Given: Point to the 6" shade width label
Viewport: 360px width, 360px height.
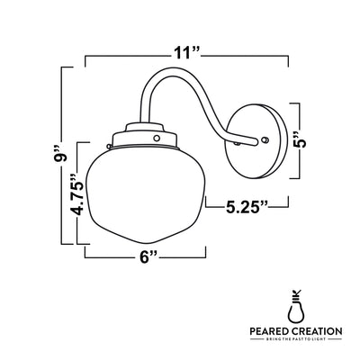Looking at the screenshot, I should [x=149, y=257].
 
